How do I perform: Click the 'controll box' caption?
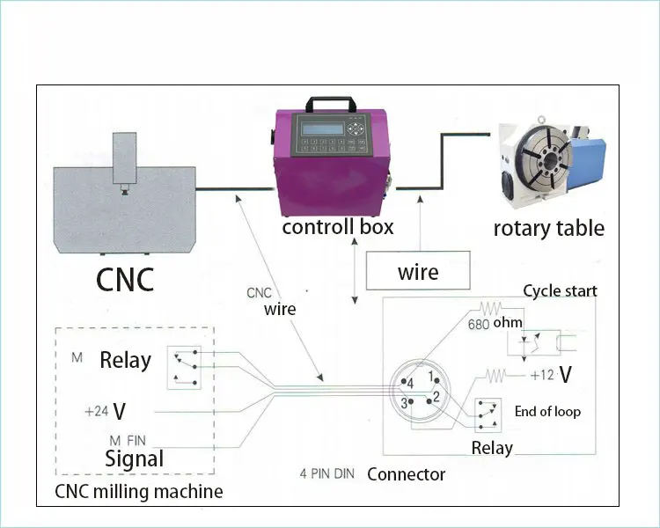(x=337, y=227)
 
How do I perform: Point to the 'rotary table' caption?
(x=548, y=229)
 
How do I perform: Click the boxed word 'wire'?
(x=418, y=271)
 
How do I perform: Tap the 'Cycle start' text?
(x=560, y=291)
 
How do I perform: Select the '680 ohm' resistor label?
(x=495, y=322)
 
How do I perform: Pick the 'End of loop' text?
(x=547, y=411)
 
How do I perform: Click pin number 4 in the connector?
(x=408, y=384)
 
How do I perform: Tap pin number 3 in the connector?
(x=404, y=403)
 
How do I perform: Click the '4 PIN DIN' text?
(x=326, y=474)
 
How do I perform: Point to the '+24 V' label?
(x=105, y=411)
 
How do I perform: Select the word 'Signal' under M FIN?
(x=134, y=458)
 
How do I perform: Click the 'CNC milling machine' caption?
(x=139, y=491)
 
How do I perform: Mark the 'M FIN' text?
(x=128, y=439)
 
